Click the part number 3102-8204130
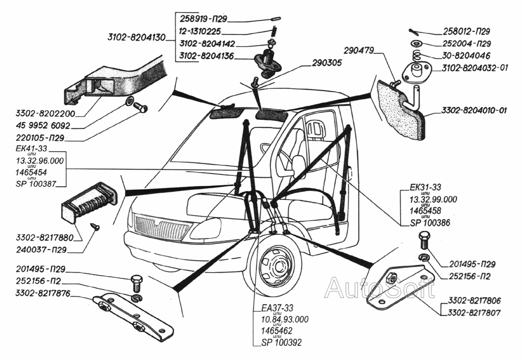137,37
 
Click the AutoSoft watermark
379,288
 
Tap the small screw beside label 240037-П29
95,226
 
